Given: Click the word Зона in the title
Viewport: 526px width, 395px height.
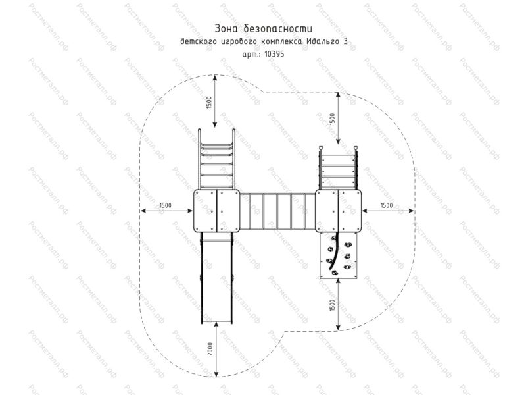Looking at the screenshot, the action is click(x=227, y=28).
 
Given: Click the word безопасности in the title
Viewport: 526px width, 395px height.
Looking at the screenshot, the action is click(x=278, y=28).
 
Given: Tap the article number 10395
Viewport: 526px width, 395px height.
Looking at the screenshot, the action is click(x=274, y=54).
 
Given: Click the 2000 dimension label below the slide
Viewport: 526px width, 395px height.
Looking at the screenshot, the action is click(x=210, y=350).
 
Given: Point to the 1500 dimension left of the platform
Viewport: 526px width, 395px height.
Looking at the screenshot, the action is click(x=166, y=205).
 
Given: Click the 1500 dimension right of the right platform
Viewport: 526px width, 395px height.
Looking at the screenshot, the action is click(x=387, y=205).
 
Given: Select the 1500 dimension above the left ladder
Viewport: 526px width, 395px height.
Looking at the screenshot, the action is click(x=208, y=103).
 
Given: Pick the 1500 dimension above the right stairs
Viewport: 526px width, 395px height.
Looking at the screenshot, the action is click(x=332, y=120).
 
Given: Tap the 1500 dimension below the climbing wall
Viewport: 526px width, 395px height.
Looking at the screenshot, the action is click(x=332, y=305).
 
